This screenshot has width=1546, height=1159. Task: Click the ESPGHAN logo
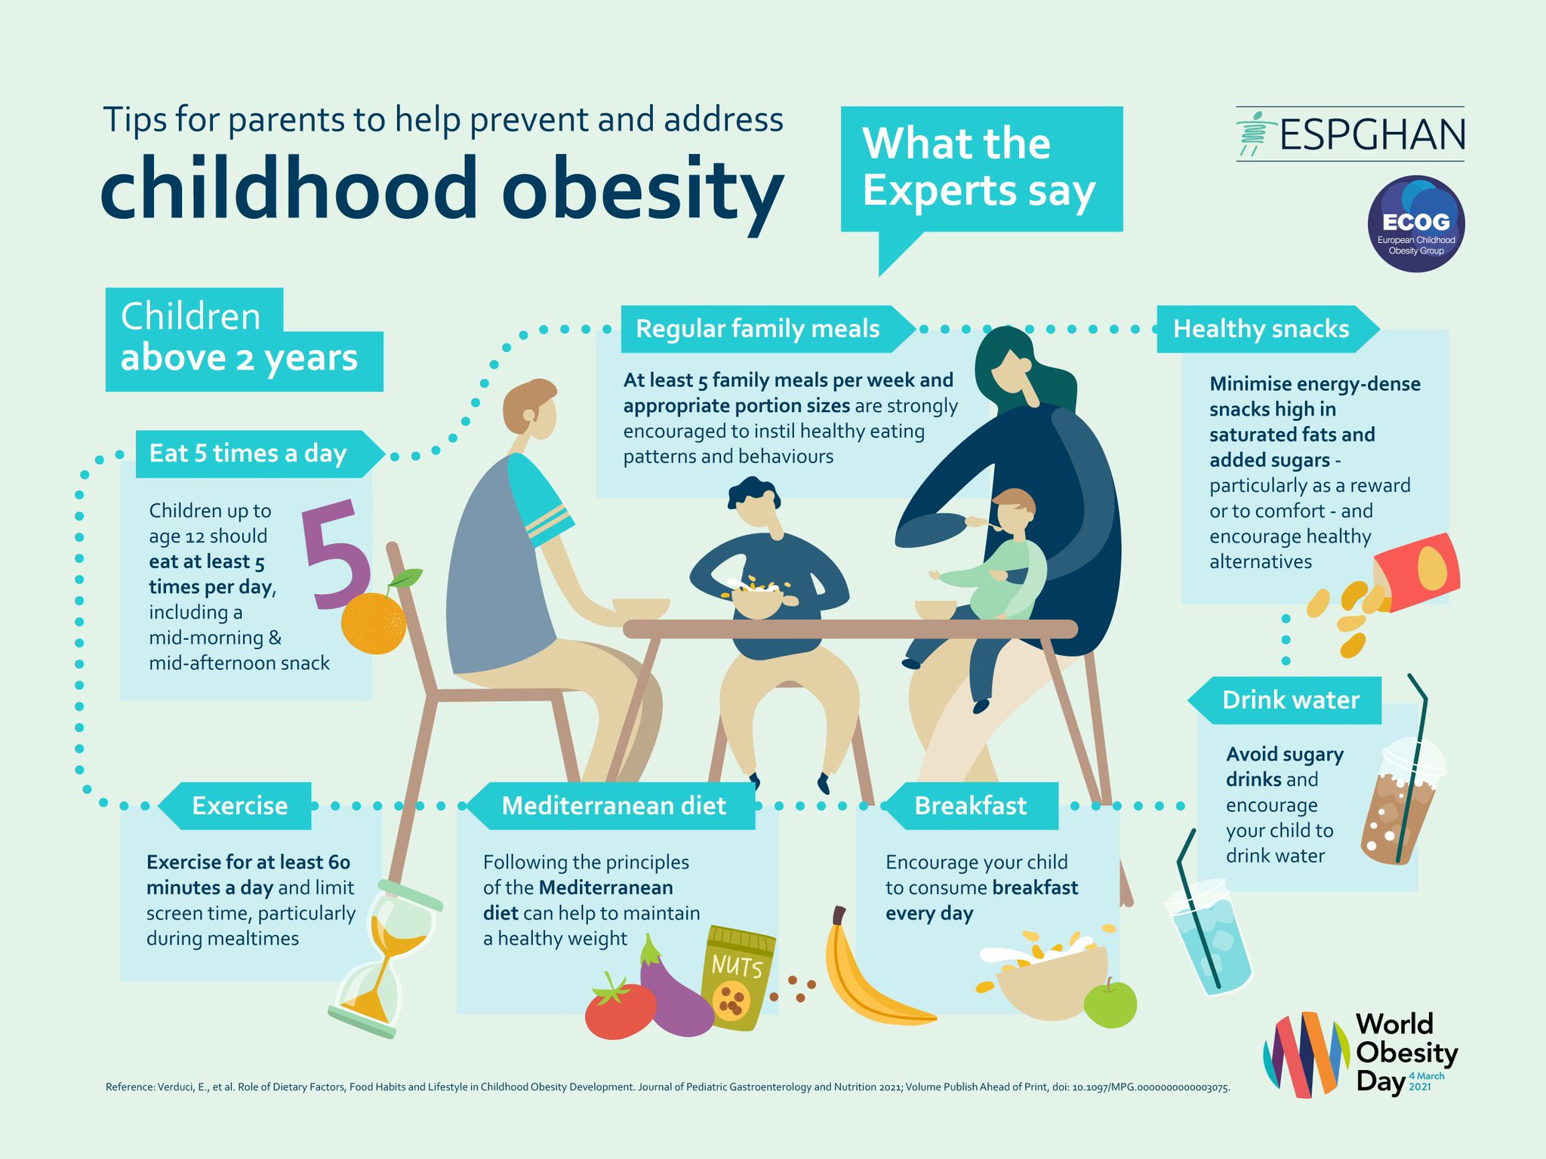click(x=1350, y=134)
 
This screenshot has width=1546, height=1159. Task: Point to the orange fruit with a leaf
click(x=374, y=621)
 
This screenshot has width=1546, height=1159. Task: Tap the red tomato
click(x=620, y=1008)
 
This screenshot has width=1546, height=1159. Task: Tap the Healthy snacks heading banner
click(x=1262, y=329)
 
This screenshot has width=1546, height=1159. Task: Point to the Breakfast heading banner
click(x=970, y=806)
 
